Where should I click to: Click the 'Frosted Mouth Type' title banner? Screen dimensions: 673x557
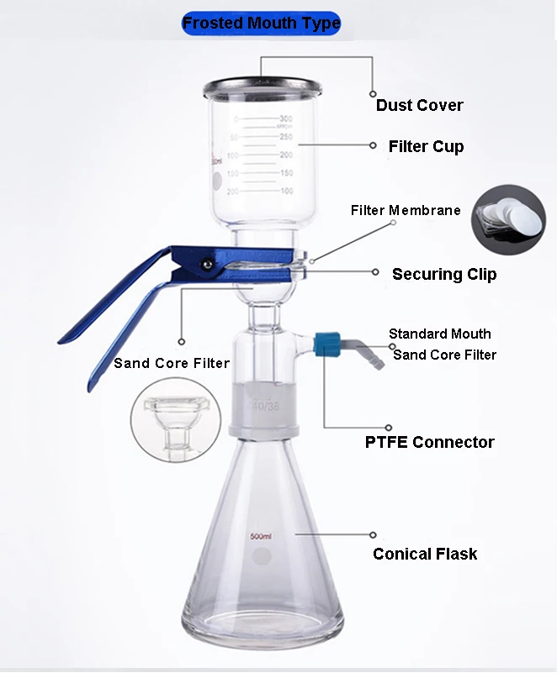[261, 23]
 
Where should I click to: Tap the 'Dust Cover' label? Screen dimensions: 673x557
[419, 105]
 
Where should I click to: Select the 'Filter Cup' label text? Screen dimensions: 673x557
[426, 146]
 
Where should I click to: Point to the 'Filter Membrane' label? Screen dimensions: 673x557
[406, 210]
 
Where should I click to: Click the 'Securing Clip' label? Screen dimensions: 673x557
[444, 274]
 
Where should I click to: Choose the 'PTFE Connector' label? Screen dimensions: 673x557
[429, 442]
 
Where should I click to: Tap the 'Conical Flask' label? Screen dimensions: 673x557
[425, 554]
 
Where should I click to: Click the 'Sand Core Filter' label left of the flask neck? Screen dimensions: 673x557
[172, 363]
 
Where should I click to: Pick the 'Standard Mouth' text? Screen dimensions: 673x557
[439, 334]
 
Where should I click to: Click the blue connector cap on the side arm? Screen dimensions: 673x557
[326, 343]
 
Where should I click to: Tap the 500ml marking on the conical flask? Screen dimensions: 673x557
[261, 536]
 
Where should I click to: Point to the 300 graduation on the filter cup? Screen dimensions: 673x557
[285, 118]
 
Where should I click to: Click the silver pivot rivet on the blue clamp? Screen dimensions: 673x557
[205, 264]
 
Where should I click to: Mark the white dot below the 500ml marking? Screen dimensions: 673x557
[263, 555]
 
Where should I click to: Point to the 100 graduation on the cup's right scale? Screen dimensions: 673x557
[285, 192]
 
